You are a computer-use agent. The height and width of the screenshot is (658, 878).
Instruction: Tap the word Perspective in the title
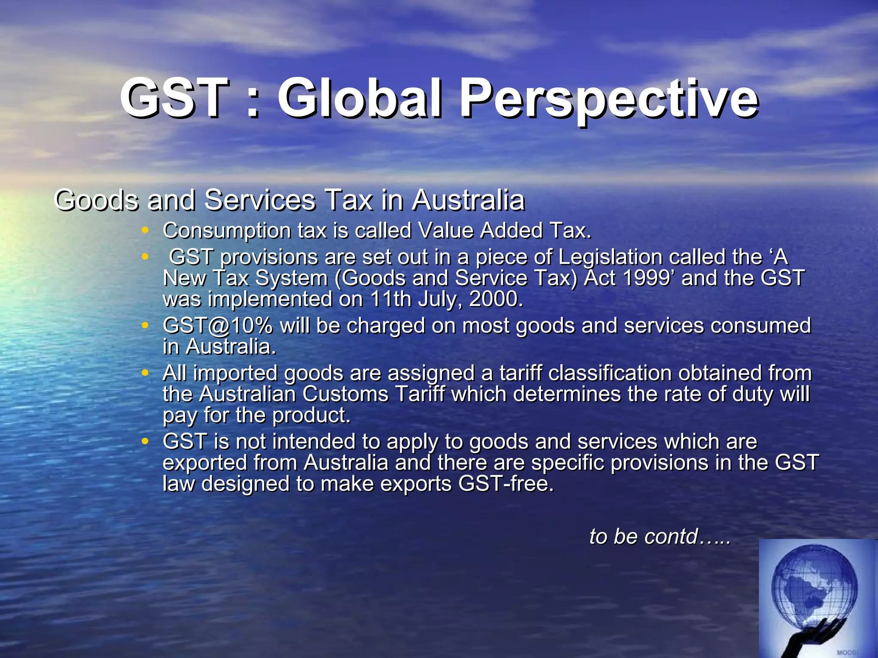609,99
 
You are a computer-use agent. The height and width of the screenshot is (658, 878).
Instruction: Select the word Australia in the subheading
468,200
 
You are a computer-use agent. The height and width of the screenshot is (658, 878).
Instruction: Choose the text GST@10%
217,326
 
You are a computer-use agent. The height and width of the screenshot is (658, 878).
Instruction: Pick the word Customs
345,394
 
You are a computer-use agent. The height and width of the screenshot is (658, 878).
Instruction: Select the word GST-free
505,484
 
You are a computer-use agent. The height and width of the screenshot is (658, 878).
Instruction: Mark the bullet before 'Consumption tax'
145,231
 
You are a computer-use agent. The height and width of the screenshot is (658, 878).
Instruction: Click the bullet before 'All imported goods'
145,373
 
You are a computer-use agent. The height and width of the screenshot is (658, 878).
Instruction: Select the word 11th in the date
391,299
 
